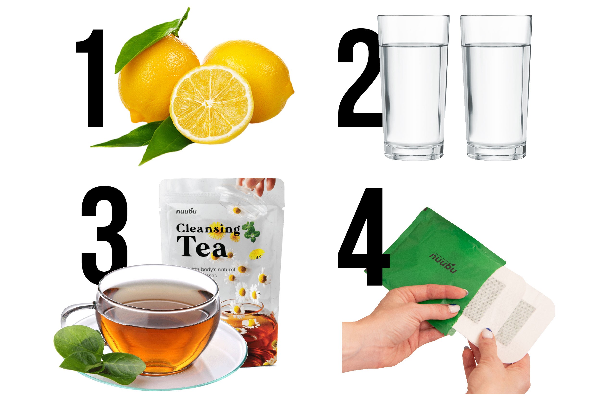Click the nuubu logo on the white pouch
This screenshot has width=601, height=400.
186,211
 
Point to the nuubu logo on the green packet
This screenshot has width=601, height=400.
443,263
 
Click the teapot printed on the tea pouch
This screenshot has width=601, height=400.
256,329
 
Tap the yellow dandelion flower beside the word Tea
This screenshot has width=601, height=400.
257,254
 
